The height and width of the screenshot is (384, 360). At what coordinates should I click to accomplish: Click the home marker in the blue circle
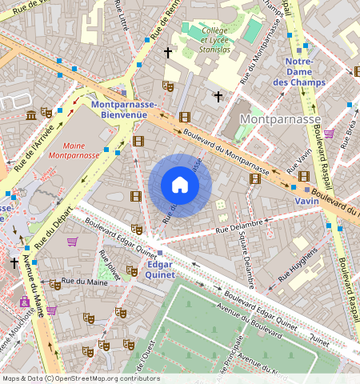pos(180,186)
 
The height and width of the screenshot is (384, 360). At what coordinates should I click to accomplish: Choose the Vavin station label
pos(306,201)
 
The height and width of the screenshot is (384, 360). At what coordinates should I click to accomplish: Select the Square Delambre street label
pos(248,263)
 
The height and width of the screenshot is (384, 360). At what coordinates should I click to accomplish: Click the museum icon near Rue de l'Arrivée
pos(31,116)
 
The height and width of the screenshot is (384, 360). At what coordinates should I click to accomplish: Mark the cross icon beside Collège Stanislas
pos(168,53)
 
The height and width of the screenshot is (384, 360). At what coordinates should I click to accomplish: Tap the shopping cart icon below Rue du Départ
pos(73,242)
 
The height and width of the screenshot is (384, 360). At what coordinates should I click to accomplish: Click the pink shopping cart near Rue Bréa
pos(329,134)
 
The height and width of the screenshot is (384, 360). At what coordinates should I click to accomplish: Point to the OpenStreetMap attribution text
pos(80,378)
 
